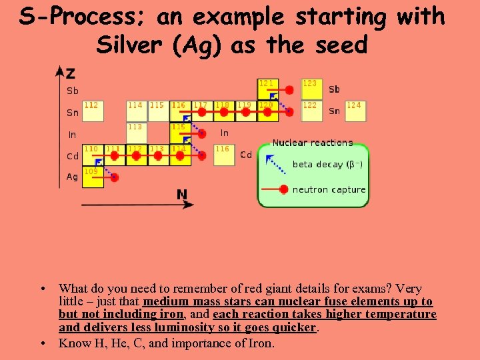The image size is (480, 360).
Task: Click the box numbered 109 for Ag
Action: point(93,177)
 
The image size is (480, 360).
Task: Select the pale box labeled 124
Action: point(356,111)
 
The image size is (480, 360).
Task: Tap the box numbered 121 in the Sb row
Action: point(267,89)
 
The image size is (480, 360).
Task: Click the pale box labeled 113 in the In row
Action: point(137,132)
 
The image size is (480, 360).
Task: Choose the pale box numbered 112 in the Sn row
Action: point(93,111)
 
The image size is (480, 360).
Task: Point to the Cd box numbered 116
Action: point(224,155)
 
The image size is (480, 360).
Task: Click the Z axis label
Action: point(70,73)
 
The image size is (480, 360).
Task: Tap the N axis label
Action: point(182,195)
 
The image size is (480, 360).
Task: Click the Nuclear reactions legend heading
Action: point(312,143)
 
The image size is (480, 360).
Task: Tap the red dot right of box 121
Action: point(289,89)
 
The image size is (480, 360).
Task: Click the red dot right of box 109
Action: point(115,177)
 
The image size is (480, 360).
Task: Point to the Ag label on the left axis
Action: point(72,177)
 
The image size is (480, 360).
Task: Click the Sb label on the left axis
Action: point(72,91)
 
